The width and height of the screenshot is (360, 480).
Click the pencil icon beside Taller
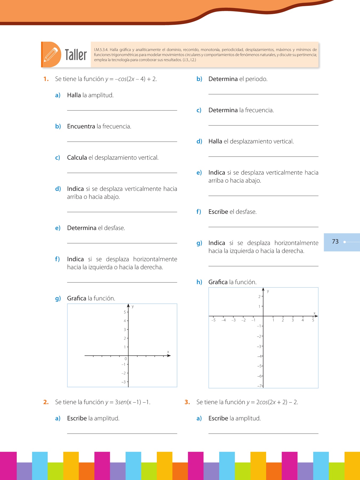click(x=51, y=55)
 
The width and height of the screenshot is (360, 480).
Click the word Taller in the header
click(x=76, y=55)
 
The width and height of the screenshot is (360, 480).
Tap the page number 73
click(x=335, y=242)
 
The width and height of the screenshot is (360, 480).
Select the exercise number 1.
click(x=46, y=79)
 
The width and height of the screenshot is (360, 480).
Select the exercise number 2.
click(x=46, y=402)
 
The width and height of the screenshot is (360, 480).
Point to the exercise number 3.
click(x=187, y=402)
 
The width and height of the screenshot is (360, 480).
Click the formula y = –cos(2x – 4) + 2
click(x=131, y=79)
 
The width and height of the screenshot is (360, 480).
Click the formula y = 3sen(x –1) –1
click(x=128, y=402)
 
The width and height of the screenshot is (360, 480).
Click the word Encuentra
click(x=81, y=126)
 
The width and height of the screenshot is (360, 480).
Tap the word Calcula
click(x=77, y=158)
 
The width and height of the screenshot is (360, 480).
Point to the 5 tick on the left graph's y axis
click(x=125, y=312)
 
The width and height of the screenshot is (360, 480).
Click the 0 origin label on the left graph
click(x=126, y=359)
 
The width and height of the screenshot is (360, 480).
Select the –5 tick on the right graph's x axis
click(x=213, y=320)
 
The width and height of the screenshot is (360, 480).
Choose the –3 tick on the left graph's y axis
click(x=123, y=382)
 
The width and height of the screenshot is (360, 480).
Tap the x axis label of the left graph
click(x=168, y=352)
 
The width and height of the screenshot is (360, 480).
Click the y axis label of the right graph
click(x=268, y=291)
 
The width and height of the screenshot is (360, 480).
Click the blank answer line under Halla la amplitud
click(x=122, y=110)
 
